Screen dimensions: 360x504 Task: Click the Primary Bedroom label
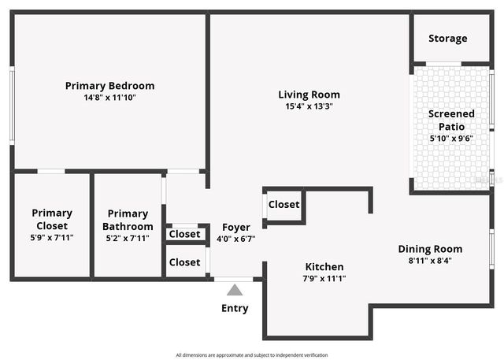[x=109, y=86]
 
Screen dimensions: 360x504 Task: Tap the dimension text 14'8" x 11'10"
[x=109, y=98]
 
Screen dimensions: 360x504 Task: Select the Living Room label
[x=309, y=95]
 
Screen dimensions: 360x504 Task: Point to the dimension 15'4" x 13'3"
[x=309, y=106]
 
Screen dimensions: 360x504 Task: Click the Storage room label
[x=447, y=39]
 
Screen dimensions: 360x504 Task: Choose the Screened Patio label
[x=451, y=120]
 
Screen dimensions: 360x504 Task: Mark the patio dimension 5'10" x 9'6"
[x=451, y=139]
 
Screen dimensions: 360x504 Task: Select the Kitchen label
[x=324, y=267]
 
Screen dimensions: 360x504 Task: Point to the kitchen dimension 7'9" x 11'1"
[x=324, y=278]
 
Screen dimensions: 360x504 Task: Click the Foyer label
[x=236, y=227]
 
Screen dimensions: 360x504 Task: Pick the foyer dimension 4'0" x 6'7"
[x=236, y=238]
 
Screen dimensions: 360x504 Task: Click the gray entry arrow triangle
[x=235, y=291]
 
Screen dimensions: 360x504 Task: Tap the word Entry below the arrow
[x=235, y=309]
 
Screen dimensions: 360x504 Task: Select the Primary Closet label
[x=52, y=218]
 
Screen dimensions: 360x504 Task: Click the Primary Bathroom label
[x=128, y=218]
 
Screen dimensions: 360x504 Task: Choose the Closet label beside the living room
[x=283, y=205]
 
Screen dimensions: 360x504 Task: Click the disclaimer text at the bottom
[x=251, y=355]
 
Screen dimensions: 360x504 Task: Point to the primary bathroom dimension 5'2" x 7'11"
[x=128, y=238]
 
